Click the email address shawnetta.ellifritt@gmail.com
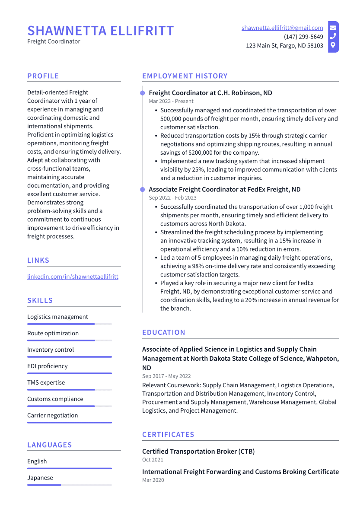[282, 28]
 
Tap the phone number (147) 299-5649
[303, 37]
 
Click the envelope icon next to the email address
[333, 28]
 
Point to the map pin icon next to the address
[333, 45]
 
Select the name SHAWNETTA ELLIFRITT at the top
[101, 31]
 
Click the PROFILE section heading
[43, 76]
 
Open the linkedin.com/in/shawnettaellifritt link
[73, 277]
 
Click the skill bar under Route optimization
[69, 340]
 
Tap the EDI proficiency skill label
[48, 366]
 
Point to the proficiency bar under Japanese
[69, 485]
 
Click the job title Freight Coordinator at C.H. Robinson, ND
[210, 93]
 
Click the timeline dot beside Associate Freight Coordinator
[142, 189]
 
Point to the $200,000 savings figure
[203, 153]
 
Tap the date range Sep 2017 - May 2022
[166, 376]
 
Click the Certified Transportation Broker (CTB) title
[198, 452]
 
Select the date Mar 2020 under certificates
[153, 480]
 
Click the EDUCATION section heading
[164, 332]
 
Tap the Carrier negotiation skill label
[53, 415]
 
